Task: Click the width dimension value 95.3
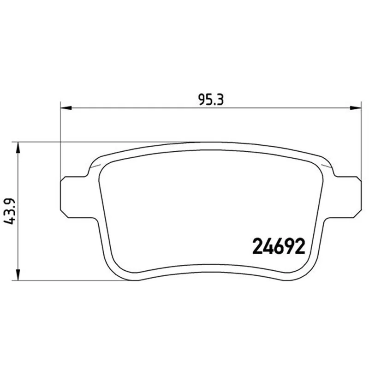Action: point(211,100)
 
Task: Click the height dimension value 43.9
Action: point(10,211)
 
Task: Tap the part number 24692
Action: point(279,246)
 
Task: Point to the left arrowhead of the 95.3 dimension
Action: point(66,108)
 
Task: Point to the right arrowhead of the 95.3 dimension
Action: point(355,108)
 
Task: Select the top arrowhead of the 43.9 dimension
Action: point(18,148)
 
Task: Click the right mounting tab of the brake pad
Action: point(345,197)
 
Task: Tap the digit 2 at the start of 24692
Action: point(257,246)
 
